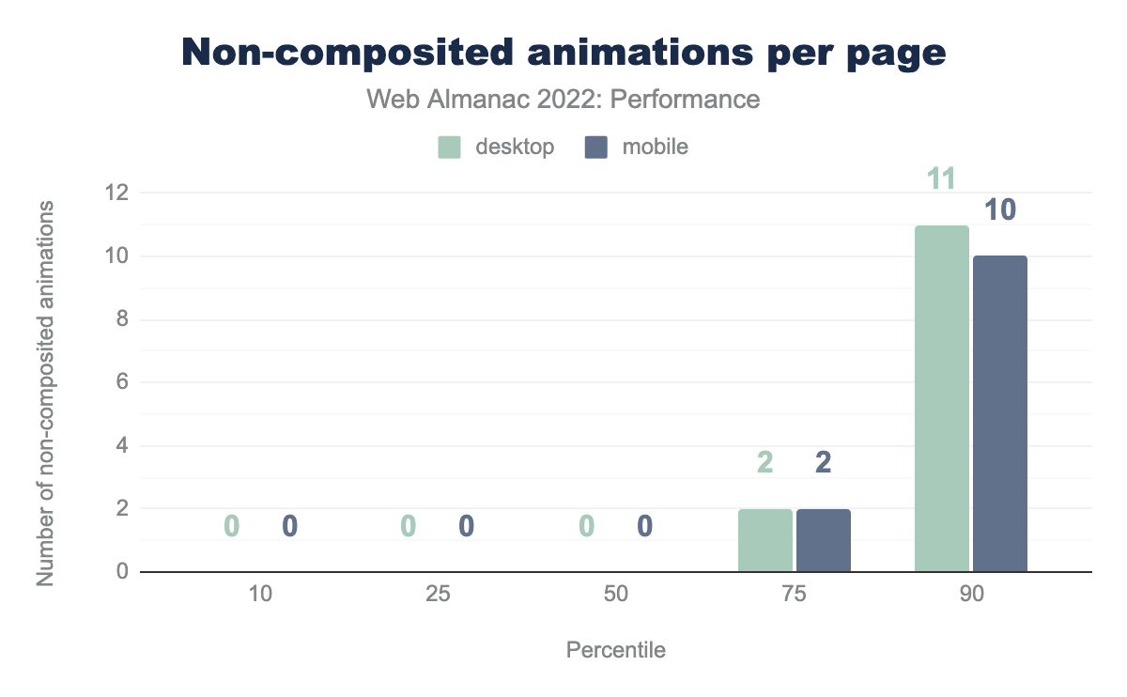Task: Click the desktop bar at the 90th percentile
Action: [x=942, y=398]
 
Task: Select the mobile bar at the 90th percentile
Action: [x=1000, y=413]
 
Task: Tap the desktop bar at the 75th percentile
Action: [x=765, y=540]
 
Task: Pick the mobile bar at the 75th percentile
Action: [x=824, y=540]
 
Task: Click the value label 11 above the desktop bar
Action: [x=942, y=178]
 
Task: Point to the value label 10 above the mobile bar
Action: [x=1000, y=209]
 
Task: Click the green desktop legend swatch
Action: [x=449, y=147]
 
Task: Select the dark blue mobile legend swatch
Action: [x=596, y=147]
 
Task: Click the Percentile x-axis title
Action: [x=615, y=650]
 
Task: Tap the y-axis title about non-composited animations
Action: [x=44, y=393]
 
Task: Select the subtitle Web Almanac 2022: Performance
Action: [x=563, y=99]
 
